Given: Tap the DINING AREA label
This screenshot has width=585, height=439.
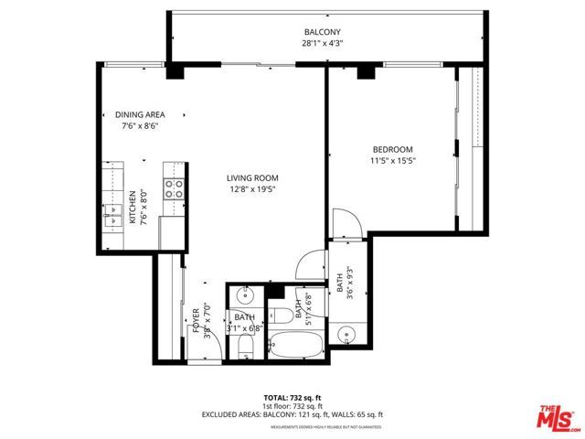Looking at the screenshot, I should tap(140, 115).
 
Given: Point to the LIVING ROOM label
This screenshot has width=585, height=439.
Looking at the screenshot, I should tap(253, 177).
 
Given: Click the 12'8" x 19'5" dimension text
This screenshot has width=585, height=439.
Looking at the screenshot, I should tap(253, 189).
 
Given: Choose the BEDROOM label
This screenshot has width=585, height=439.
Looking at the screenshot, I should tap(392, 150).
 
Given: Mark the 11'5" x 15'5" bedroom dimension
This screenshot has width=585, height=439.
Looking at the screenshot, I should tap(392, 162).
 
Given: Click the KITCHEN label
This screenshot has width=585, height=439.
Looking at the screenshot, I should tap(133, 208).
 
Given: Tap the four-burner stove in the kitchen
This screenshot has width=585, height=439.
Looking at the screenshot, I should tap(174, 189).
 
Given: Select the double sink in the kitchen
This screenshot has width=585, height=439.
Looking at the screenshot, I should tap(114, 218).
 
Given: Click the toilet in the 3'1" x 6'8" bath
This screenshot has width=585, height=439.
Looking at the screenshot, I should tap(244, 348).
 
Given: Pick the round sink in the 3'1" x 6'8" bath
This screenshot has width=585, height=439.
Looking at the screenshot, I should tap(244, 296).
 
